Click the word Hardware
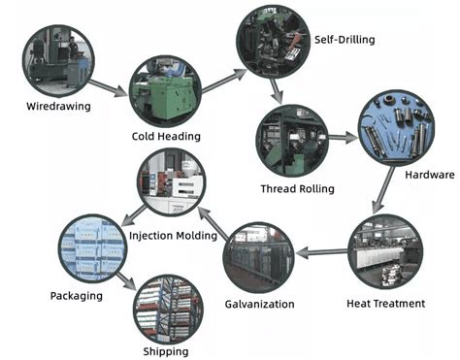tap(428, 175)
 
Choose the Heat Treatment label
tap(385, 304)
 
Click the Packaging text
tap(76, 295)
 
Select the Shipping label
tap(161, 351)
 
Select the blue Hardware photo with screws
tap(396, 127)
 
